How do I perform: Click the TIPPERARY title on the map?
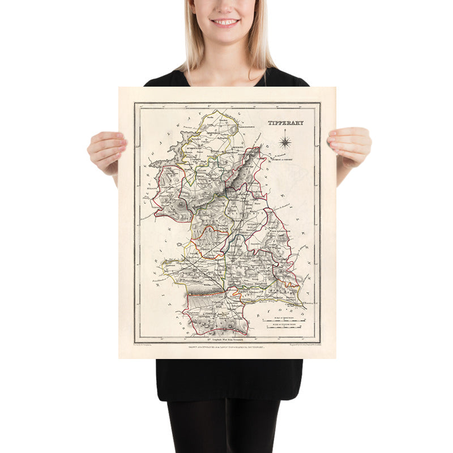(285, 122)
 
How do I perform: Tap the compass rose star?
(285, 140)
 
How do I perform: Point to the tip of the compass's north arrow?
(285, 130)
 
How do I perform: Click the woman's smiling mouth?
(225, 23)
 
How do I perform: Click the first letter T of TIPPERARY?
(270, 123)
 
